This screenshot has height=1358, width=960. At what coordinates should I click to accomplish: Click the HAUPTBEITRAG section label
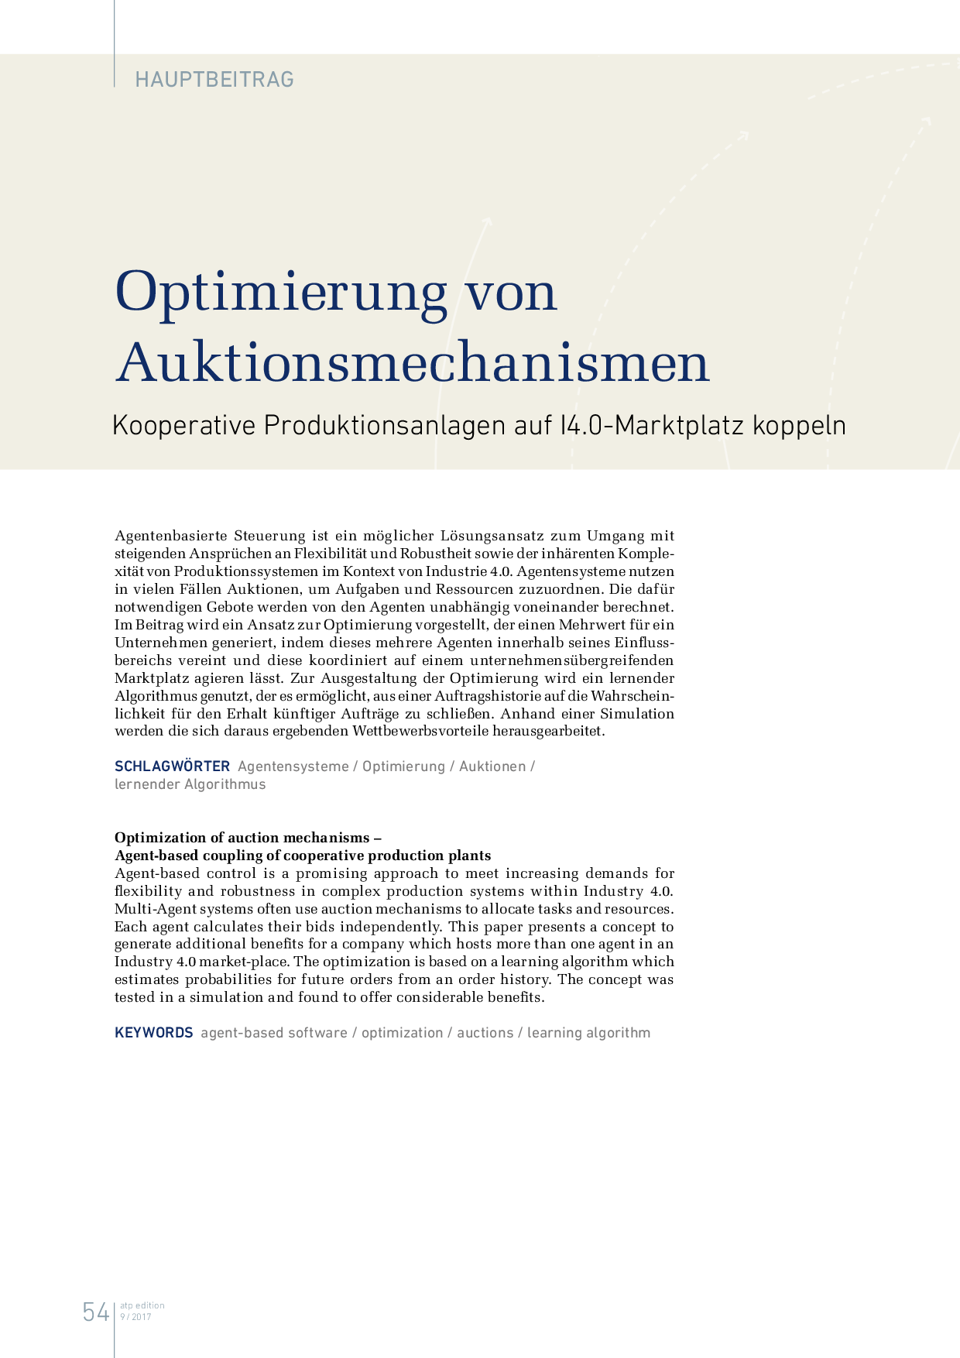(214, 79)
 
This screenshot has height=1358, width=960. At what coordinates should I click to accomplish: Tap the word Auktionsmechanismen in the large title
(413, 362)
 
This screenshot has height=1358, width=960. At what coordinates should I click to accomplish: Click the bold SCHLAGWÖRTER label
(173, 766)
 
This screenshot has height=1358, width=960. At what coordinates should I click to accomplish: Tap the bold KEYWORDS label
(154, 1033)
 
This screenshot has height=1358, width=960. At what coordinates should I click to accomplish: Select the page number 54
(96, 1312)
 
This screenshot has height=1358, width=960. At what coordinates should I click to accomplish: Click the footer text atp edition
(142, 1305)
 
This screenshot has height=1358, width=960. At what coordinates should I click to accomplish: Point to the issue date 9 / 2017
(136, 1317)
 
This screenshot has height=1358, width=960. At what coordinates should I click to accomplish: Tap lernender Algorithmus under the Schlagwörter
(190, 784)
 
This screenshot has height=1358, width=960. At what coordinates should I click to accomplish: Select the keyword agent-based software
(274, 1033)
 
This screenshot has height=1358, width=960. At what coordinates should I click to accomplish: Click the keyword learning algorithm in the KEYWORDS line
(588, 1033)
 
